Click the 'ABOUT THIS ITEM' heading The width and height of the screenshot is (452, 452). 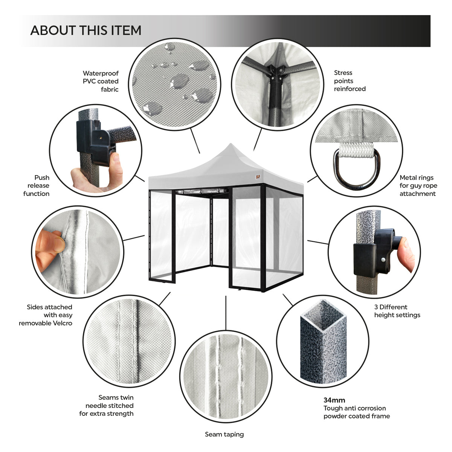[x=86, y=31]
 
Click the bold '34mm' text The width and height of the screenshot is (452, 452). [x=334, y=400]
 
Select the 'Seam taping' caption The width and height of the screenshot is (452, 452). [x=224, y=434]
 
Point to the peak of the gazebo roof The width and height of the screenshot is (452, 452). [x=231, y=144]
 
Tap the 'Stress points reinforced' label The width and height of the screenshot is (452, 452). [x=350, y=81]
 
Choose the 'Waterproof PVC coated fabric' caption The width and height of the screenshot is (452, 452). [x=101, y=81]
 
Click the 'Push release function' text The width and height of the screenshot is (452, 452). [x=37, y=186]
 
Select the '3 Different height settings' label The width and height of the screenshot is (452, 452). [x=397, y=311]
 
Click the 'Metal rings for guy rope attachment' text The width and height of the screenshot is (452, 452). [x=418, y=186]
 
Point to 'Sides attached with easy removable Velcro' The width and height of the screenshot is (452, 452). [x=46, y=315]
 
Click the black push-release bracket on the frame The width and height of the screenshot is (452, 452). [x=96, y=142]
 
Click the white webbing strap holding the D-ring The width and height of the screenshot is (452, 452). [x=356, y=150]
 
